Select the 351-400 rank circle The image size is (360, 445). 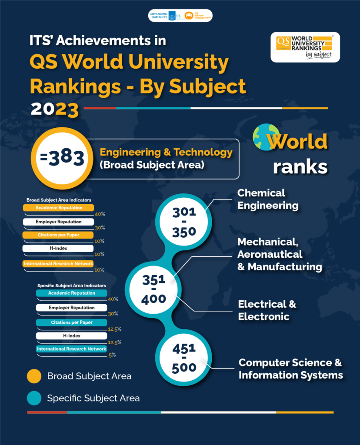(x=154, y=289)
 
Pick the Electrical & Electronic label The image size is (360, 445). (x=267, y=310)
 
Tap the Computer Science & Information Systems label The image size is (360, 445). (x=290, y=369)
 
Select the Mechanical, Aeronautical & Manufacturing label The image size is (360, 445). (x=280, y=254)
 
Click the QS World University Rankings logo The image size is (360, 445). (x=305, y=47)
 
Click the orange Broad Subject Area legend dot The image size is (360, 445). (x=34, y=376)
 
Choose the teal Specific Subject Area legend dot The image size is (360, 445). (x=34, y=398)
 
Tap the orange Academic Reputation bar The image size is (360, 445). (x=59, y=208)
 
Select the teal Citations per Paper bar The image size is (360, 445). (x=71, y=322)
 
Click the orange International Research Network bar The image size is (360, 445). (x=58, y=264)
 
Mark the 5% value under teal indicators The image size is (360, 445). (x=112, y=355)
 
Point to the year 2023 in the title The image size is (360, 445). (x=54, y=109)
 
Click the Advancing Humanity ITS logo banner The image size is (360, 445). (x=180, y=15)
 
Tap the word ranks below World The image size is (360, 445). (x=300, y=166)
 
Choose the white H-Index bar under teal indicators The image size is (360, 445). (x=71, y=336)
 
